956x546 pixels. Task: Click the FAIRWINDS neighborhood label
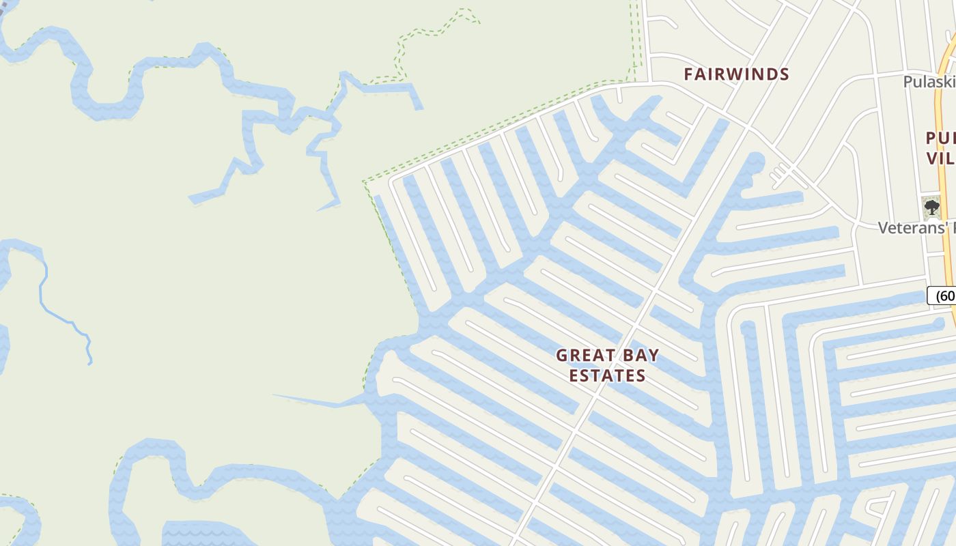point(736,74)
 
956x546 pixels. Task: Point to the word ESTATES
point(607,376)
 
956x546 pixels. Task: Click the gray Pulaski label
point(929,82)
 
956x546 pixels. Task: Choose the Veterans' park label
point(915,228)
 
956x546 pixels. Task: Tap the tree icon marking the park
point(931,207)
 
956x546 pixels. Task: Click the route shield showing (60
point(942,296)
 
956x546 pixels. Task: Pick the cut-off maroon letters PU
point(940,139)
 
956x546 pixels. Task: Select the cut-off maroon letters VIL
point(941,158)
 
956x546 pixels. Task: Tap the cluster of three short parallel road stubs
point(779,176)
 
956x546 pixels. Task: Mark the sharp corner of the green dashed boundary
point(365,182)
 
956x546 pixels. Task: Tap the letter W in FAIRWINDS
point(735,74)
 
